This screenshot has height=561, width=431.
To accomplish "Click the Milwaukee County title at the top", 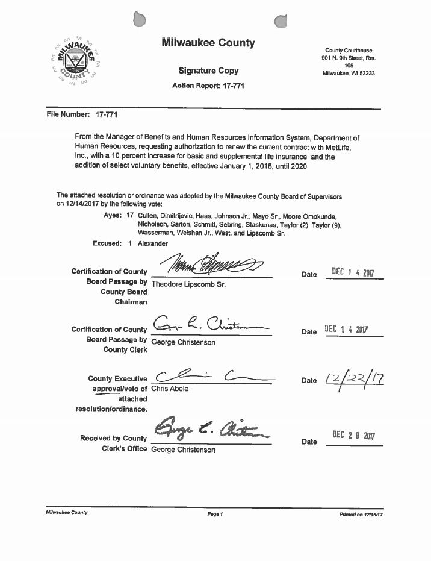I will coord(208,43).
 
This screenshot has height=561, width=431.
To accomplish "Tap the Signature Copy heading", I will coord(208,71).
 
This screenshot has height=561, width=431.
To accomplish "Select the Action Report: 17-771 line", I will coord(208,86).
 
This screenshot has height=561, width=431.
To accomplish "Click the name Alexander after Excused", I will coord(153,243).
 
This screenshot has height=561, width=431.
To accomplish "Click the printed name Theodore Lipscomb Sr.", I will coord(188,284).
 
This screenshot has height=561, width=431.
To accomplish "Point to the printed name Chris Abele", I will coord(170,389).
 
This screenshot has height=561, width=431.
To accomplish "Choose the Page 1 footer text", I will coord(215,514).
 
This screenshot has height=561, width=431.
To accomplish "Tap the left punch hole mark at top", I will coord(140,20).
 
